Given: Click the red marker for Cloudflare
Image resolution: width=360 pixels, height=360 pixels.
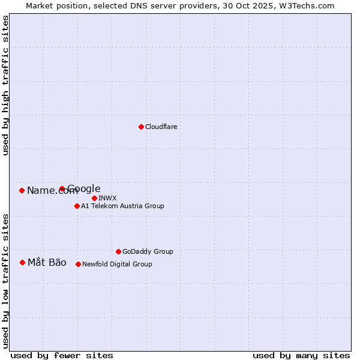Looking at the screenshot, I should [141, 127].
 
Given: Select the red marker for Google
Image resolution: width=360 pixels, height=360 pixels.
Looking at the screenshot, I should [62, 188].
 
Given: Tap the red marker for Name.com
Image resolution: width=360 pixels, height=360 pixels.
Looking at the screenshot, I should [22, 190].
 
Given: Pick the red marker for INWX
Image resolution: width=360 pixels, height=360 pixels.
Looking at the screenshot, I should [94, 198].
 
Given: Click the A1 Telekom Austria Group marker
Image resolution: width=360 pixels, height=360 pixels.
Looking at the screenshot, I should [77, 206].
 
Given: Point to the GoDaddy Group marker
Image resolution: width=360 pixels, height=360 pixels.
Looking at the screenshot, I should [118, 251].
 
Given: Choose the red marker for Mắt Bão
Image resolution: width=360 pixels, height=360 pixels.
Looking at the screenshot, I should [22, 262].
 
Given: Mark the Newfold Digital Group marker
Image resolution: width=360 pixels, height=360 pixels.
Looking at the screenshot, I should [78, 264].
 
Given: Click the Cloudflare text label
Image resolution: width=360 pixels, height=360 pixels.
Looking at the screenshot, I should [161, 127].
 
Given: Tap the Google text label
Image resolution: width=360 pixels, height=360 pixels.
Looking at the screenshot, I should [84, 189].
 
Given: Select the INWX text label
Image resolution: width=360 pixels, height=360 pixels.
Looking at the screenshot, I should [107, 198].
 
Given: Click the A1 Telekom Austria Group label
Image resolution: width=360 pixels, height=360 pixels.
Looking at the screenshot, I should [122, 206].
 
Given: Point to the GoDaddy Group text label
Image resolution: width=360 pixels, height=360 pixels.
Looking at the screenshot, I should [148, 251].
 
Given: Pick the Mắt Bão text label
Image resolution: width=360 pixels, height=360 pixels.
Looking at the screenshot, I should [47, 262].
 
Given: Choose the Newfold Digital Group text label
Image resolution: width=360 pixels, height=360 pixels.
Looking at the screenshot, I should [117, 264].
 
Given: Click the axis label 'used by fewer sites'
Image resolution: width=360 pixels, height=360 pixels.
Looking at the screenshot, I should [62, 355].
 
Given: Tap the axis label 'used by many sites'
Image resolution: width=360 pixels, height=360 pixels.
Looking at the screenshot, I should [301, 355].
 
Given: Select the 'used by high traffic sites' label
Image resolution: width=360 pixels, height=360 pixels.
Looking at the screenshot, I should [6, 86].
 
